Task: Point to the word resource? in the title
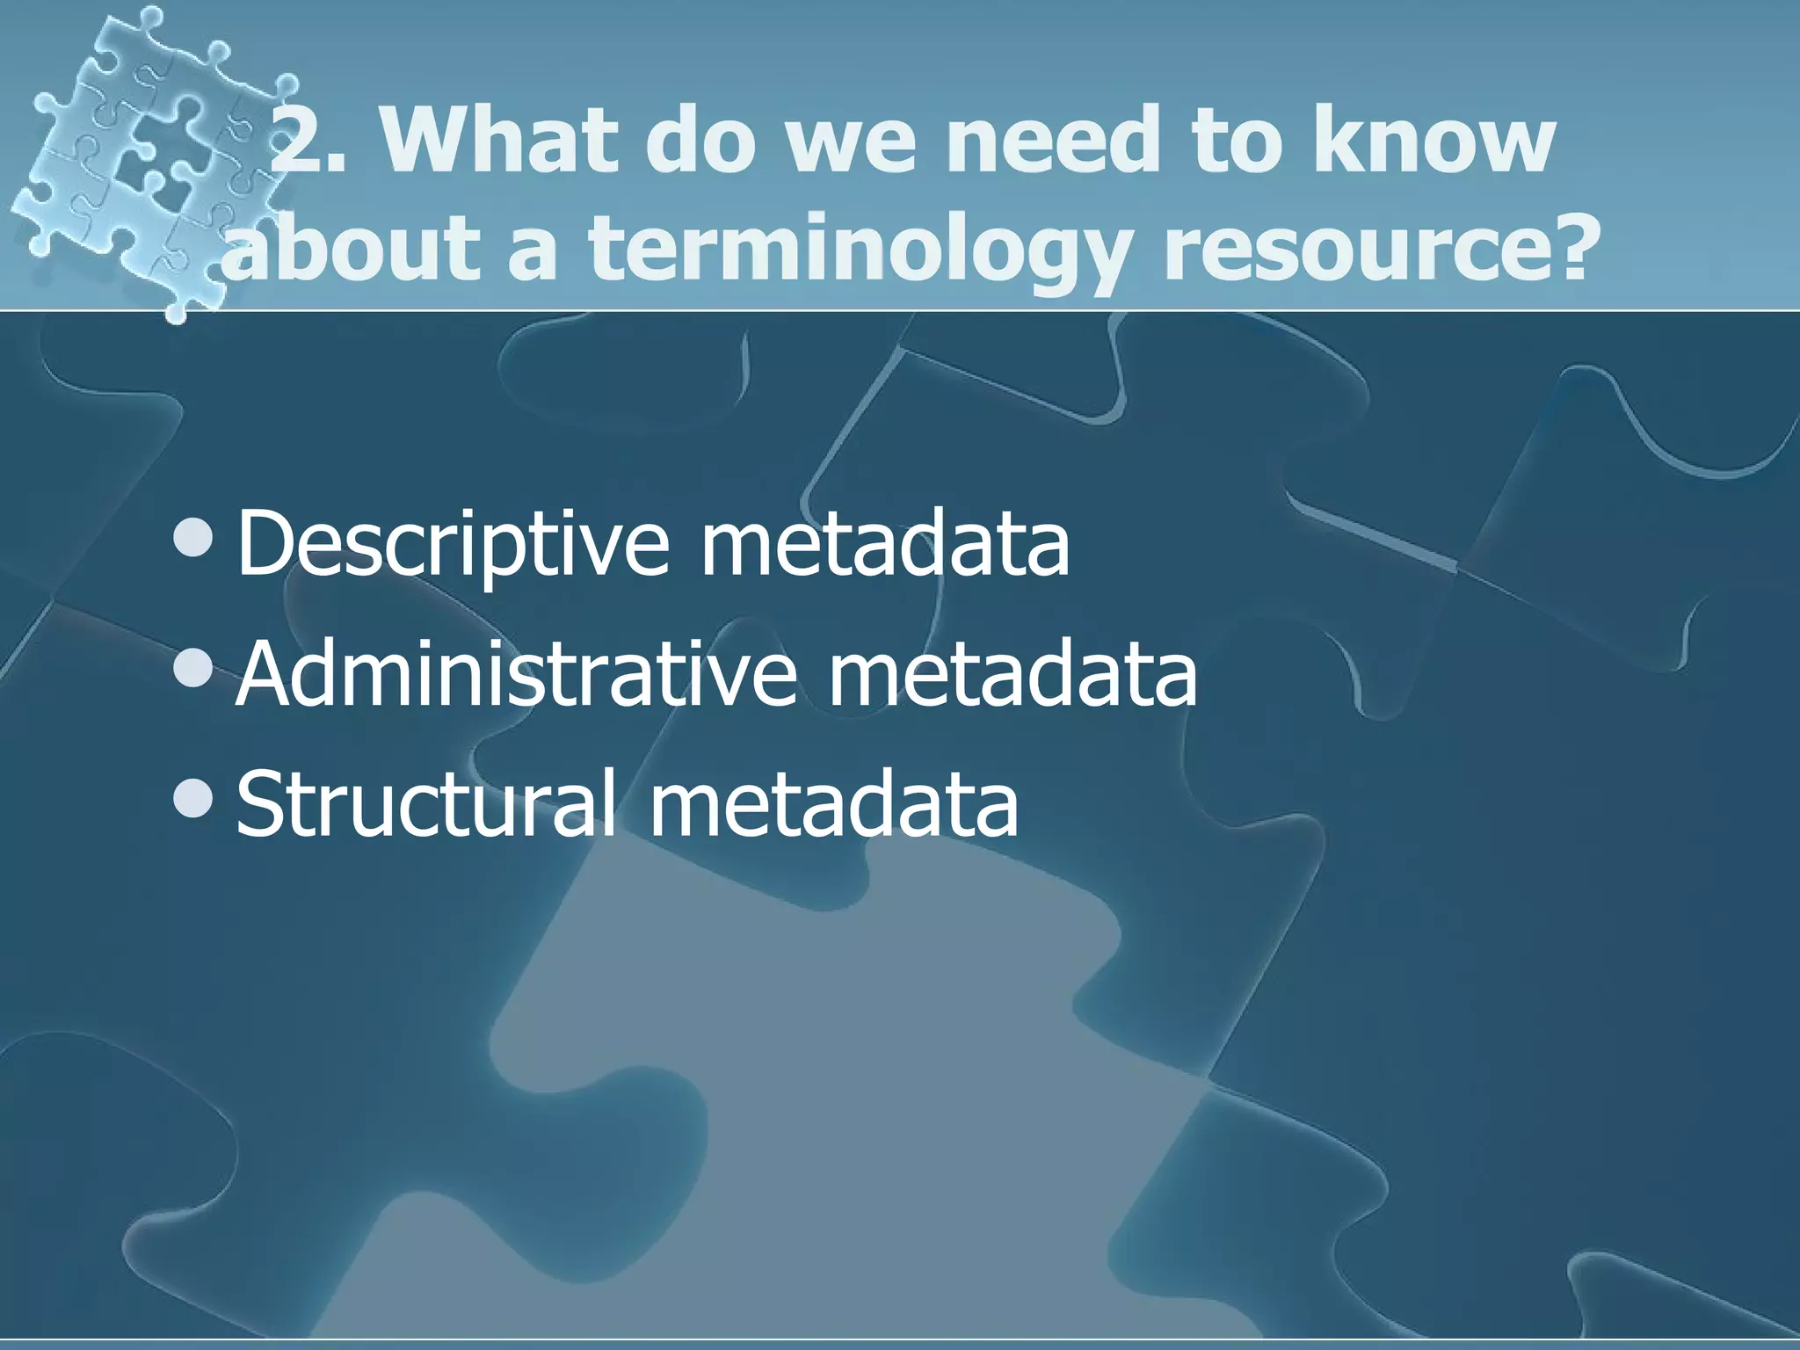[x=1375, y=250]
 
